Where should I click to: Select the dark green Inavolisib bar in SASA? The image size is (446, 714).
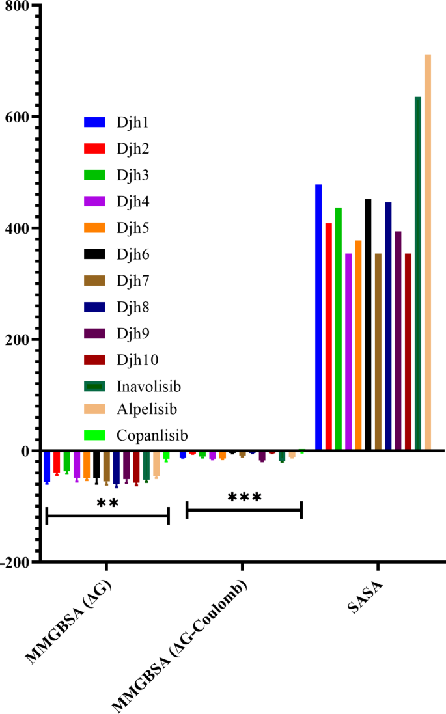[x=418, y=273]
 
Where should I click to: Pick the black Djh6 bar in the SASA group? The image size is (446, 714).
[x=368, y=325]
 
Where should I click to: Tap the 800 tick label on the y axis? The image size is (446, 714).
[x=20, y=6]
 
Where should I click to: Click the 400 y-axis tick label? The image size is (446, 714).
[x=20, y=228]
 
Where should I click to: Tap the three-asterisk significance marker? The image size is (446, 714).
[x=245, y=499]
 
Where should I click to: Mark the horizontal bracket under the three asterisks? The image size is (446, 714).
[x=244, y=510]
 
